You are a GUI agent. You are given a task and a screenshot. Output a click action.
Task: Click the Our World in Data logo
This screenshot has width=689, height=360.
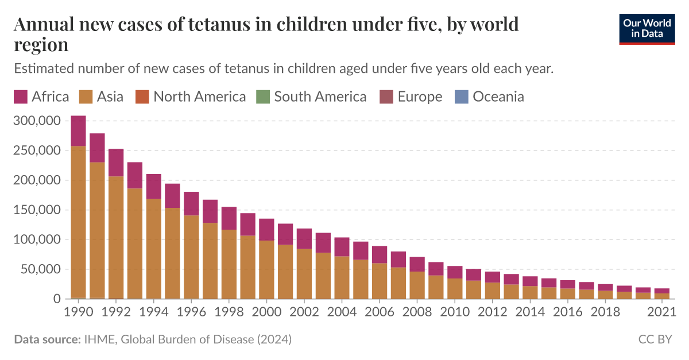tap(647, 29)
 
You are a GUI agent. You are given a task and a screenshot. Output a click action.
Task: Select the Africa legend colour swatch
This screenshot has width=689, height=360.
tap(21, 96)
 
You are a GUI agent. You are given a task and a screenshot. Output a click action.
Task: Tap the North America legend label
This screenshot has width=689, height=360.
tap(199, 96)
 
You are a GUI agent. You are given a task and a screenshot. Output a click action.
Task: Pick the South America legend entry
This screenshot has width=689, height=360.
tap(320, 96)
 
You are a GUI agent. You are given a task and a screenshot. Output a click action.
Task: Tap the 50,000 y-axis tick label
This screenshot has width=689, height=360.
tap(40, 269)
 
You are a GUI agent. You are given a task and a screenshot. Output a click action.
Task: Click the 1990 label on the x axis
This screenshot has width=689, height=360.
tap(79, 312)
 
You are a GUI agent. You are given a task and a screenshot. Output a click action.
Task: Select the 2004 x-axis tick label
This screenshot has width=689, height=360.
tap(342, 312)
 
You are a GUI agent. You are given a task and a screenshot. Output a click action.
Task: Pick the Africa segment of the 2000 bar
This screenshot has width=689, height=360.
tap(266, 230)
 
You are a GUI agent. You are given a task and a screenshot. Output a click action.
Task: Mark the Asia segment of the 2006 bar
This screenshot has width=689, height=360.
tap(380, 281)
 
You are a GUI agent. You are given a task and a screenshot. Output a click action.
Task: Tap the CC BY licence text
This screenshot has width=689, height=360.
tap(655, 339)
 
